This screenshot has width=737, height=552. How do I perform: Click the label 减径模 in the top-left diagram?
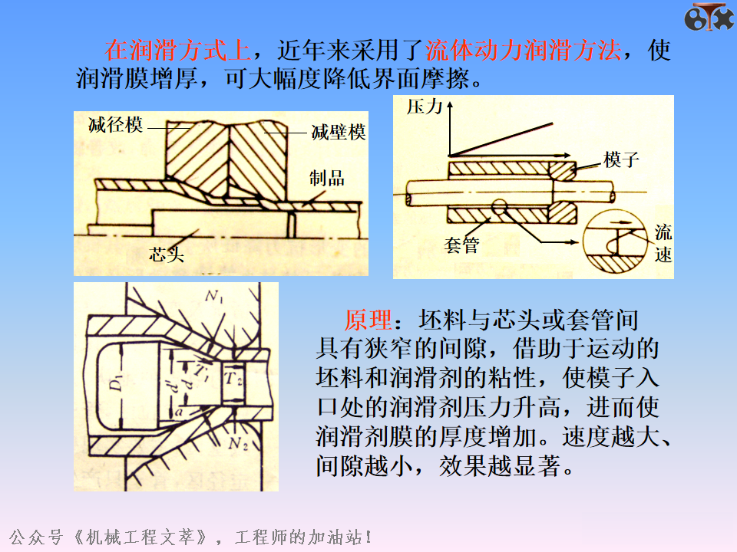[115, 125]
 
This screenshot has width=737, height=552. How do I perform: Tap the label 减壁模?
[339, 133]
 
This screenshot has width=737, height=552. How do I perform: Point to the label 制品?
[327, 179]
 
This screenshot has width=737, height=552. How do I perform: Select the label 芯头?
[167, 255]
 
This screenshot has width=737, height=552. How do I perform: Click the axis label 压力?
[425, 107]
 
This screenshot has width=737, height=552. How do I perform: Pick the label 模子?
[621, 159]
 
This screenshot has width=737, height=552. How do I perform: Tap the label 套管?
[461, 245]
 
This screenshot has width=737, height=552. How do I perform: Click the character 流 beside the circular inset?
[663, 232]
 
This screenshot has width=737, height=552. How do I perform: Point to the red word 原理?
[368, 320]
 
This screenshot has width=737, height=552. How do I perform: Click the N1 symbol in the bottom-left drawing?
[214, 296]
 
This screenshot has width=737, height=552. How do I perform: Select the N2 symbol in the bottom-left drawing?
[238, 443]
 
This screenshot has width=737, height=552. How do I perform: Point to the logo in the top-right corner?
[709, 18]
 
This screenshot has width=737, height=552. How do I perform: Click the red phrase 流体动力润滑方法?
[523, 51]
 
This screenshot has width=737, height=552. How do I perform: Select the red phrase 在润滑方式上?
[177, 51]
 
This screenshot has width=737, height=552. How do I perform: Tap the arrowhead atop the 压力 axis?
[450, 104]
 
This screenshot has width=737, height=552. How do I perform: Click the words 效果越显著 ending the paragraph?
[500, 466]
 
